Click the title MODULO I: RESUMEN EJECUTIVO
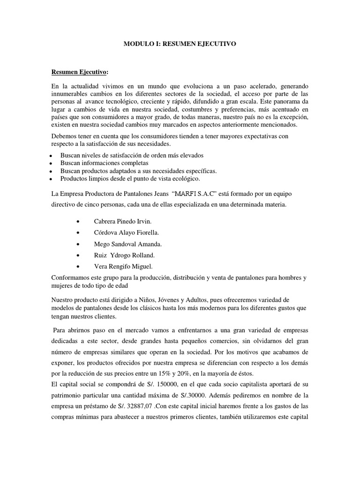[x=180, y=44]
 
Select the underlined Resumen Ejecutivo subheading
[x=79, y=72]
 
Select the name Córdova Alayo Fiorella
[x=127, y=232]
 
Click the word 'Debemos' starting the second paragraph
[x=64, y=135]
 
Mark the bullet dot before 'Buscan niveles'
[x=50, y=155]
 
